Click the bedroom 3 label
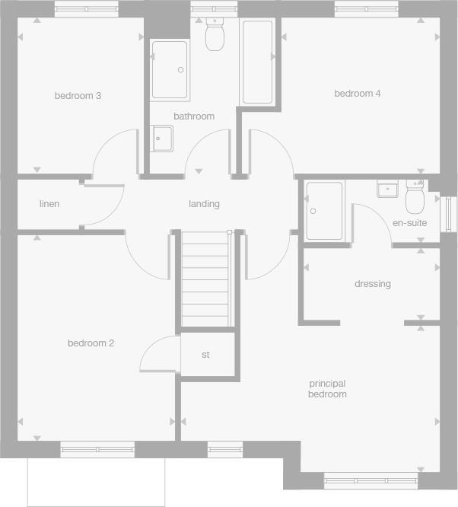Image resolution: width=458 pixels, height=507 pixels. [x=78, y=96]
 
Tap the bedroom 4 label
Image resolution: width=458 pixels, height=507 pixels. [x=358, y=94]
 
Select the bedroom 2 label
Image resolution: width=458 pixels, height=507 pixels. [x=91, y=343]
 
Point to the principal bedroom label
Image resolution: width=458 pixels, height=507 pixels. [x=327, y=389]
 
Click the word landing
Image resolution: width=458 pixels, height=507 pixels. [x=204, y=204]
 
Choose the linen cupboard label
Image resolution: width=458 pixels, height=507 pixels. [x=49, y=204]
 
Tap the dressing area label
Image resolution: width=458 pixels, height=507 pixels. [x=373, y=284]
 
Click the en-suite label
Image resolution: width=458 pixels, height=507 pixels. [x=409, y=223]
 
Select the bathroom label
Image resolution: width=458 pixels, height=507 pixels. [x=194, y=116]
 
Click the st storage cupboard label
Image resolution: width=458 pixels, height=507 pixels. [x=205, y=355]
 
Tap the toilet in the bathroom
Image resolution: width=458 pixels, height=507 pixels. [x=214, y=34]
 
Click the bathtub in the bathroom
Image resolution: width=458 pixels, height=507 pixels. [x=257, y=62]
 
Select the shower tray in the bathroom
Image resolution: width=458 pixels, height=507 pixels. [x=169, y=70]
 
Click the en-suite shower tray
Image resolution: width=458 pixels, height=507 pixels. [x=325, y=210]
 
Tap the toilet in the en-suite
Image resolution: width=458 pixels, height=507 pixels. [x=415, y=198]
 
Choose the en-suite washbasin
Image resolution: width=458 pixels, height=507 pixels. [x=387, y=188]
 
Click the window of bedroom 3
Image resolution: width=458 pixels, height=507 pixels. [x=86, y=8]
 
